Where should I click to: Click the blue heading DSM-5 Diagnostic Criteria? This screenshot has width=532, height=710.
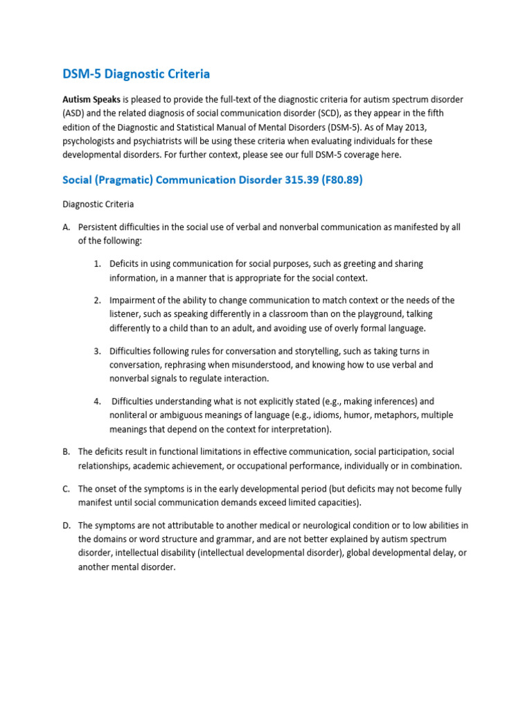(x=136, y=73)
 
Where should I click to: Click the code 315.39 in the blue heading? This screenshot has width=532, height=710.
(x=303, y=180)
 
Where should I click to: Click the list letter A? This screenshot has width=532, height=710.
(x=66, y=227)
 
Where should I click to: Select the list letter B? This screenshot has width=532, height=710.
(x=66, y=452)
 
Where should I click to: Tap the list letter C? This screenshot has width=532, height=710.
(x=66, y=489)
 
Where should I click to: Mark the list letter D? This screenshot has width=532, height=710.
(x=66, y=526)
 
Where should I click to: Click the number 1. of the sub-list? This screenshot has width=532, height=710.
(x=98, y=264)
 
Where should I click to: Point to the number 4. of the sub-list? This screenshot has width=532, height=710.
(x=98, y=401)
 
